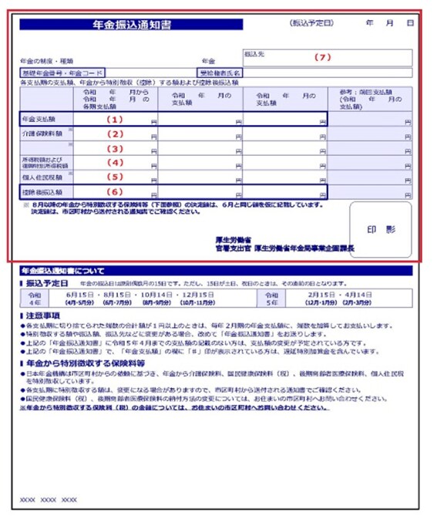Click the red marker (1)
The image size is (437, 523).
click(x=115, y=120)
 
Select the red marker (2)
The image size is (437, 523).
click(x=115, y=133)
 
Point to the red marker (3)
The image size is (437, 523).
click(x=115, y=148)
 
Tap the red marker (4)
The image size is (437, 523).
click(x=115, y=162)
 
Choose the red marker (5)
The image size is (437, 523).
click(x=115, y=177)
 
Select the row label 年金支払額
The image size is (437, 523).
click(x=39, y=120)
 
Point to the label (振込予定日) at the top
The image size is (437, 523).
click(x=311, y=25)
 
